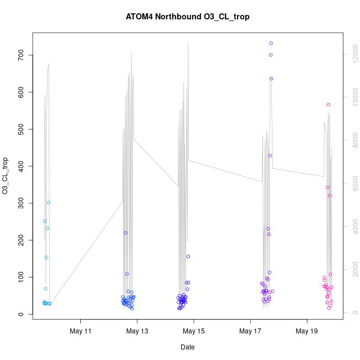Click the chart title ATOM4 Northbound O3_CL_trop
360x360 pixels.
click(188, 17)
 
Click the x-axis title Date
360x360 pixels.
click(188, 347)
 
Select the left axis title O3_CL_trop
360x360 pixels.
click(6, 176)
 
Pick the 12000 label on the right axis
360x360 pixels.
click(351, 54)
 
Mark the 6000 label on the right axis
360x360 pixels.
click(351, 183)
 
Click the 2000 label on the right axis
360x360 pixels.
click(351, 270)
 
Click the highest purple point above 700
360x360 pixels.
click(271, 43)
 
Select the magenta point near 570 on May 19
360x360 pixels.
click(328, 105)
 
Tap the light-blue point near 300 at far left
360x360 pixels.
click(49, 203)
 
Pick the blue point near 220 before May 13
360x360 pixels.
click(126, 233)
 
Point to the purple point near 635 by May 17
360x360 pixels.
click(271, 79)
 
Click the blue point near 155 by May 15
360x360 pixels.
click(188, 256)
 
